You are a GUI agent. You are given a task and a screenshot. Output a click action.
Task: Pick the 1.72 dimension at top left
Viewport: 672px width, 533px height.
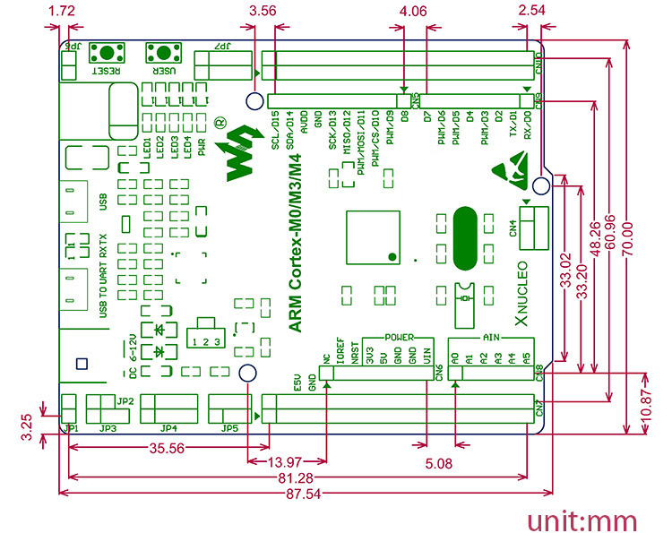[x=60, y=12]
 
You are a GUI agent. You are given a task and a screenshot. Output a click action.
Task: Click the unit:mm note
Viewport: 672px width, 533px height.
[x=582, y=520]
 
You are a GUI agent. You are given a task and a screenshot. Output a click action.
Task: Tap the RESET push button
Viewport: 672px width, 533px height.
[x=112, y=50]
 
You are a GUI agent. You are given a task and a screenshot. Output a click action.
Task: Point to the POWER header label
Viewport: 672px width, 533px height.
[x=399, y=338]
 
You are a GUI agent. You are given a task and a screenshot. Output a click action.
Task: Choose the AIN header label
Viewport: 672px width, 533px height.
[x=491, y=338]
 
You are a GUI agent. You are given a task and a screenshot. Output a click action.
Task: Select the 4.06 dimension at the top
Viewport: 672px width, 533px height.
[x=414, y=12]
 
